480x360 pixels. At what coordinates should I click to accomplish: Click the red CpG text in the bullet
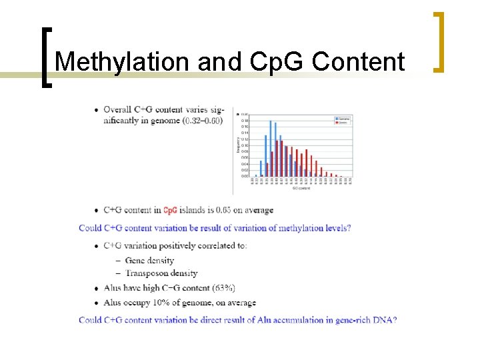170,210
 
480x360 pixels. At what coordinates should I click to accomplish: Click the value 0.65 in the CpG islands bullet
232,210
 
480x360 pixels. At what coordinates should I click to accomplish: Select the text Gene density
149,260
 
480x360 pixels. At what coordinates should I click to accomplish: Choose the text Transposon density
161,273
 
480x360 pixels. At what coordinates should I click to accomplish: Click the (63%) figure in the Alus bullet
223,288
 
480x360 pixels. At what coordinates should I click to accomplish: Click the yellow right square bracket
439,41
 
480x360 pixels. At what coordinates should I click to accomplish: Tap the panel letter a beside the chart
237,114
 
